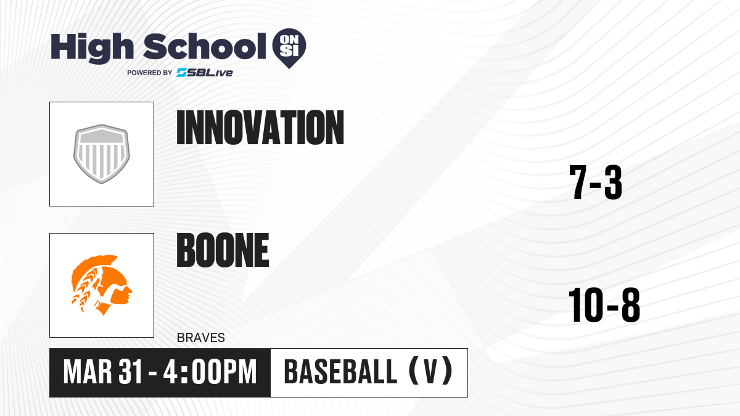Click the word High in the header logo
[92, 48]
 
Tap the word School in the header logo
[205, 46]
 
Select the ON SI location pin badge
[289, 48]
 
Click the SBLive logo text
[205, 73]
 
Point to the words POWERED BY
[150, 73]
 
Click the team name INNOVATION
[260, 128]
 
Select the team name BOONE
[223, 250]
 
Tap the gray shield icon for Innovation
[102, 154]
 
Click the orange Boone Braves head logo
[102, 285]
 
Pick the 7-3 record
[596, 182]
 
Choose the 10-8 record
[604, 304]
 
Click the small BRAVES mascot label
[201, 338]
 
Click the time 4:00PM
[210, 372]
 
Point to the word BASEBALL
[340, 372]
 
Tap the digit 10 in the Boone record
[586, 304]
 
